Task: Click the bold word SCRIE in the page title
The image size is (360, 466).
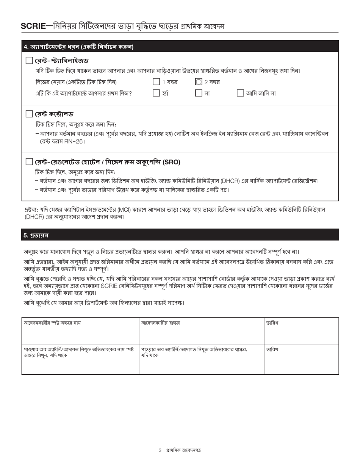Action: (x=33, y=26)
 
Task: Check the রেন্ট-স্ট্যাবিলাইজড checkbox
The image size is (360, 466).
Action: (x=29, y=61)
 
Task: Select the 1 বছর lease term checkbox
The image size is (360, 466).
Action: (x=156, y=82)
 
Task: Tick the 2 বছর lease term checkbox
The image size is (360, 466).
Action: (x=199, y=82)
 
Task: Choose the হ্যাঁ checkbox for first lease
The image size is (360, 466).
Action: (x=156, y=93)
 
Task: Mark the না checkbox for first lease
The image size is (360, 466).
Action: (x=199, y=93)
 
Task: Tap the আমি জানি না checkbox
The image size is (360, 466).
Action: (x=240, y=93)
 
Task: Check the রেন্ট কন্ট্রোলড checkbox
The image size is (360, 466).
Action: (x=29, y=114)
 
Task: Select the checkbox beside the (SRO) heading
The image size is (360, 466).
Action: (x=29, y=162)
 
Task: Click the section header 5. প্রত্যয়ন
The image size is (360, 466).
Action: (x=36, y=235)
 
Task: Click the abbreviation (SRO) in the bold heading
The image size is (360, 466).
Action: (x=171, y=162)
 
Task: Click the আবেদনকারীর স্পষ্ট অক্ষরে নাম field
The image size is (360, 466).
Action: (x=80, y=333)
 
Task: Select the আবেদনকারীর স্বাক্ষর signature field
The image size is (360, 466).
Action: (x=201, y=333)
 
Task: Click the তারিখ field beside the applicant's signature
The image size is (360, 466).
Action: (x=301, y=333)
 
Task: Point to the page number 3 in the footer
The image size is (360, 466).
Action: (x=160, y=450)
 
